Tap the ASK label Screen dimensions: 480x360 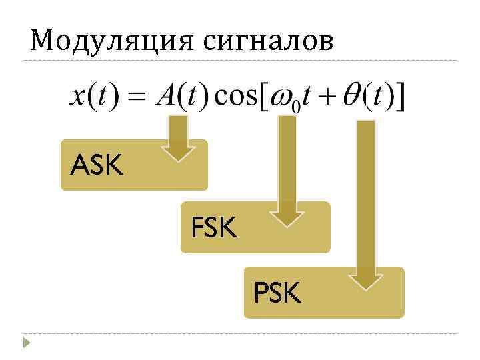(97, 165)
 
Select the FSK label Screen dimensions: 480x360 (213, 228)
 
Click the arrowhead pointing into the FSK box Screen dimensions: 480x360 (287, 217)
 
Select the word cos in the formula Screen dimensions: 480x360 (233, 99)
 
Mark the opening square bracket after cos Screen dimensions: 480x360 (263, 99)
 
